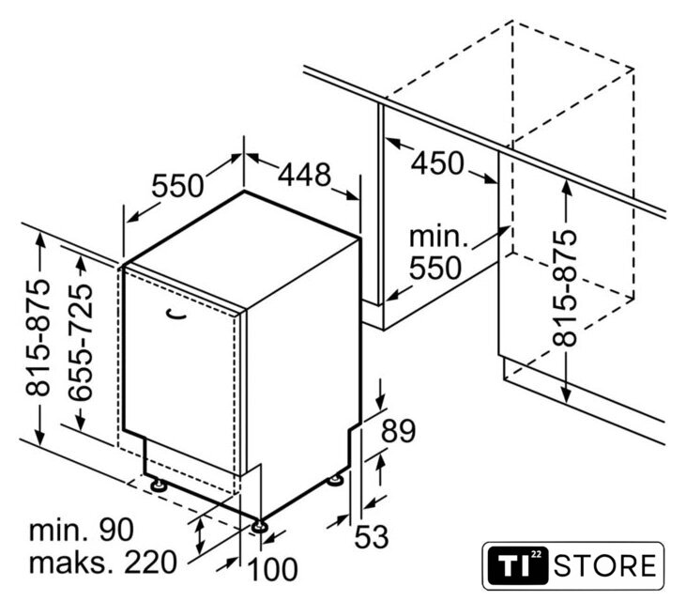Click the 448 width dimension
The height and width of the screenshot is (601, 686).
pos(305,175)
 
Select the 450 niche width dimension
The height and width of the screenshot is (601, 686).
pos(437,163)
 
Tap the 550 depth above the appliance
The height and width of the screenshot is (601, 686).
pos(177,185)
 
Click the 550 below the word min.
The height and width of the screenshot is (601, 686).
pos(435,268)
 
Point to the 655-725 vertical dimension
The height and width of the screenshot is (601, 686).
pos(82,343)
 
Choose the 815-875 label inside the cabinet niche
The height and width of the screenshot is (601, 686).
pos(565,288)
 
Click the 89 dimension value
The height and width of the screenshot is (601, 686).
pos(398,431)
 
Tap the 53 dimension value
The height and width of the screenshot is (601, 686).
pos(372,536)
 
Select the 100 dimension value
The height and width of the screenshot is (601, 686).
pos(273,569)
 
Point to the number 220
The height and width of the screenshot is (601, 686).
pos(151,562)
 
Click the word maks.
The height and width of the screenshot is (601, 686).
pos(72,563)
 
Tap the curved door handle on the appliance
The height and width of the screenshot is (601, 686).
pos(176,315)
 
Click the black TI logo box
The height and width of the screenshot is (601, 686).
pos(518,565)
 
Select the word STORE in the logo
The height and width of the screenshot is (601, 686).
pos(605,565)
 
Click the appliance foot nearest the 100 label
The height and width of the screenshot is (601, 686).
pos(259,525)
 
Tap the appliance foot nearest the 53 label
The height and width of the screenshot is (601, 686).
pos(337,481)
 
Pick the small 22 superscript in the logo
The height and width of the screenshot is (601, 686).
pos(537,555)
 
